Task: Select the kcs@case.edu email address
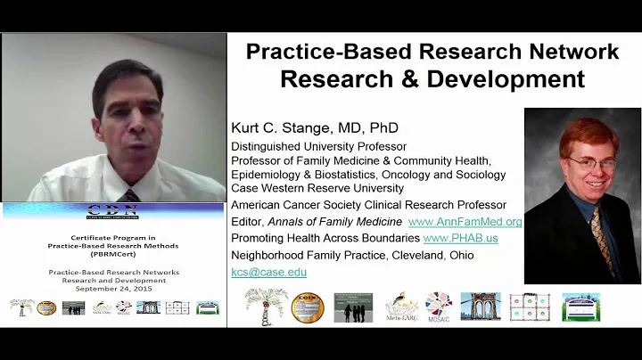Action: pyautogui.click(x=268, y=272)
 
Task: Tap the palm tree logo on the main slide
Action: pyautogui.click(x=261, y=306)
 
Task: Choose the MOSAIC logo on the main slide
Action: pyautogui.click(x=438, y=305)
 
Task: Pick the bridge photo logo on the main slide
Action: pyautogui.click(x=480, y=306)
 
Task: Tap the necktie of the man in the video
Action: pyautogui.click(x=131, y=195)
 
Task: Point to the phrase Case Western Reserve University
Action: pyautogui.click(x=317, y=188)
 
